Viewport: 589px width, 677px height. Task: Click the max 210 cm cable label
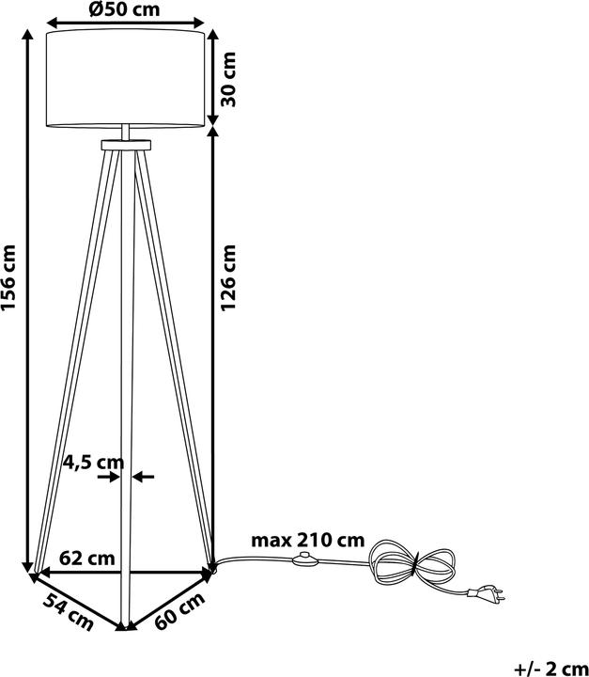[307, 540]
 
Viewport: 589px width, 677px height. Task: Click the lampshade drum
[126, 78]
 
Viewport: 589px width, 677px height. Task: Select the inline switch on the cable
[306, 562]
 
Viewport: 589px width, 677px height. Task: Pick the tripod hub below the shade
[126, 144]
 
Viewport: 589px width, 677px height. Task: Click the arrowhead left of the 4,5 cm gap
[112, 477]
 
